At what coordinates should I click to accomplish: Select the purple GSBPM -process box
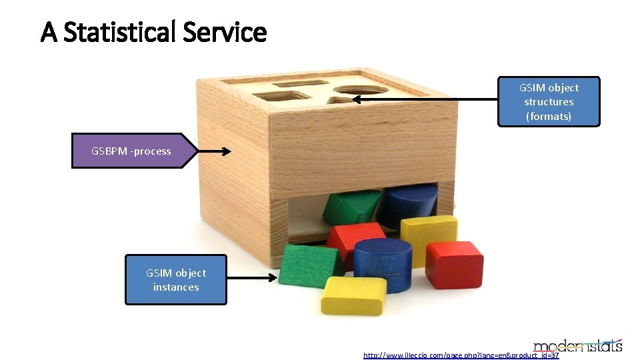pyautogui.click(x=132, y=151)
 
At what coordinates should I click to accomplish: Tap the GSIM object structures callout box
pyautogui.click(x=549, y=101)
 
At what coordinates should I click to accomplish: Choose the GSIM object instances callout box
pyautogui.click(x=176, y=280)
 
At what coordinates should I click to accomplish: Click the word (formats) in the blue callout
pyautogui.click(x=549, y=116)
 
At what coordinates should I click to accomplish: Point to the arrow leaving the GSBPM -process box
pyautogui.click(x=215, y=151)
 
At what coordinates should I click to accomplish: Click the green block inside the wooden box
pyautogui.click(x=352, y=206)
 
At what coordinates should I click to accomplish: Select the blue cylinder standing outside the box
pyautogui.click(x=383, y=265)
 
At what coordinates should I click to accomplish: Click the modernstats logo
pyautogui.click(x=578, y=344)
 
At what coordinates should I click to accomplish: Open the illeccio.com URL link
pyautogui.click(x=461, y=355)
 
